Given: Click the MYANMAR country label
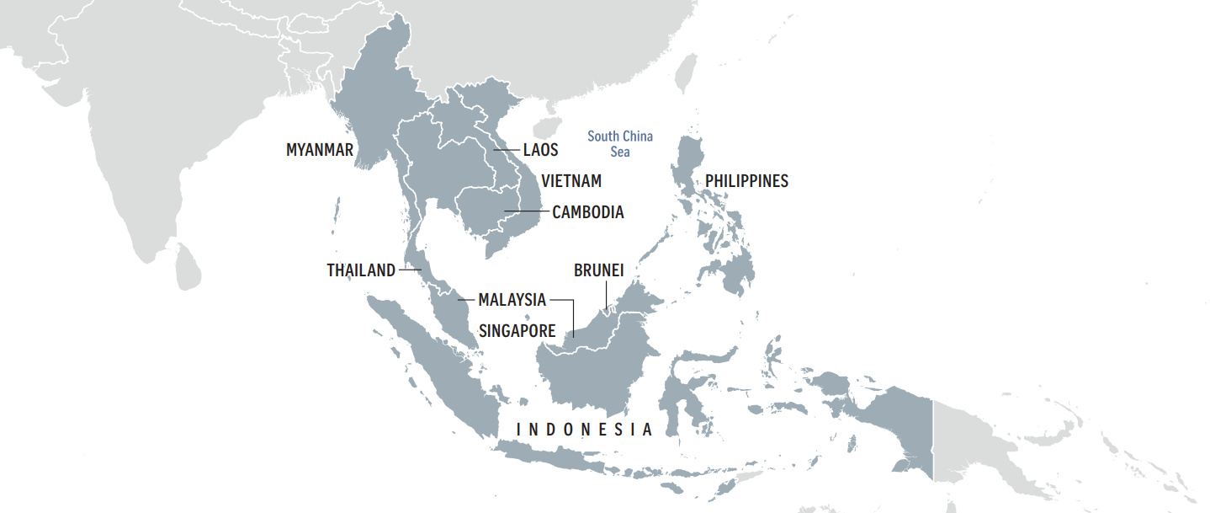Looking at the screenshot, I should click(x=320, y=150).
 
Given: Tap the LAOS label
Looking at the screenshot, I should click(x=541, y=150).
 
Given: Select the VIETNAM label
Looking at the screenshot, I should click(x=571, y=181).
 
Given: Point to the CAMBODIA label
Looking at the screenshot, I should click(x=588, y=212).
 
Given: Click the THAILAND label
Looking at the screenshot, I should click(x=361, y=270).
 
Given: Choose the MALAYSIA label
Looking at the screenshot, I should click(x=512, y=300).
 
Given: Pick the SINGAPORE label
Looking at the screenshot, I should click(x=517, y=331).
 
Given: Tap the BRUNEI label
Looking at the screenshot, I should click(x=599, y=270).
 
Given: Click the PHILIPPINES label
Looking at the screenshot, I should click(x=746, y=181).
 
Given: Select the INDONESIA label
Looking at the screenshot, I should click(x=585, y=430).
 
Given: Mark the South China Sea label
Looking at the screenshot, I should click(x=620, y=144).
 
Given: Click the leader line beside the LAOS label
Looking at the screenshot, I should click(x=507, y=150).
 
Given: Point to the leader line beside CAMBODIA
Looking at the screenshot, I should click(x=526, y=211).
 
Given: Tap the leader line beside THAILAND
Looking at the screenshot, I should click(x=410, y=270).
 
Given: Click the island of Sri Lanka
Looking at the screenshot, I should click(x=187, y=265).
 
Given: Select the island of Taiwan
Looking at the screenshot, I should click(x=687, y=74).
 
